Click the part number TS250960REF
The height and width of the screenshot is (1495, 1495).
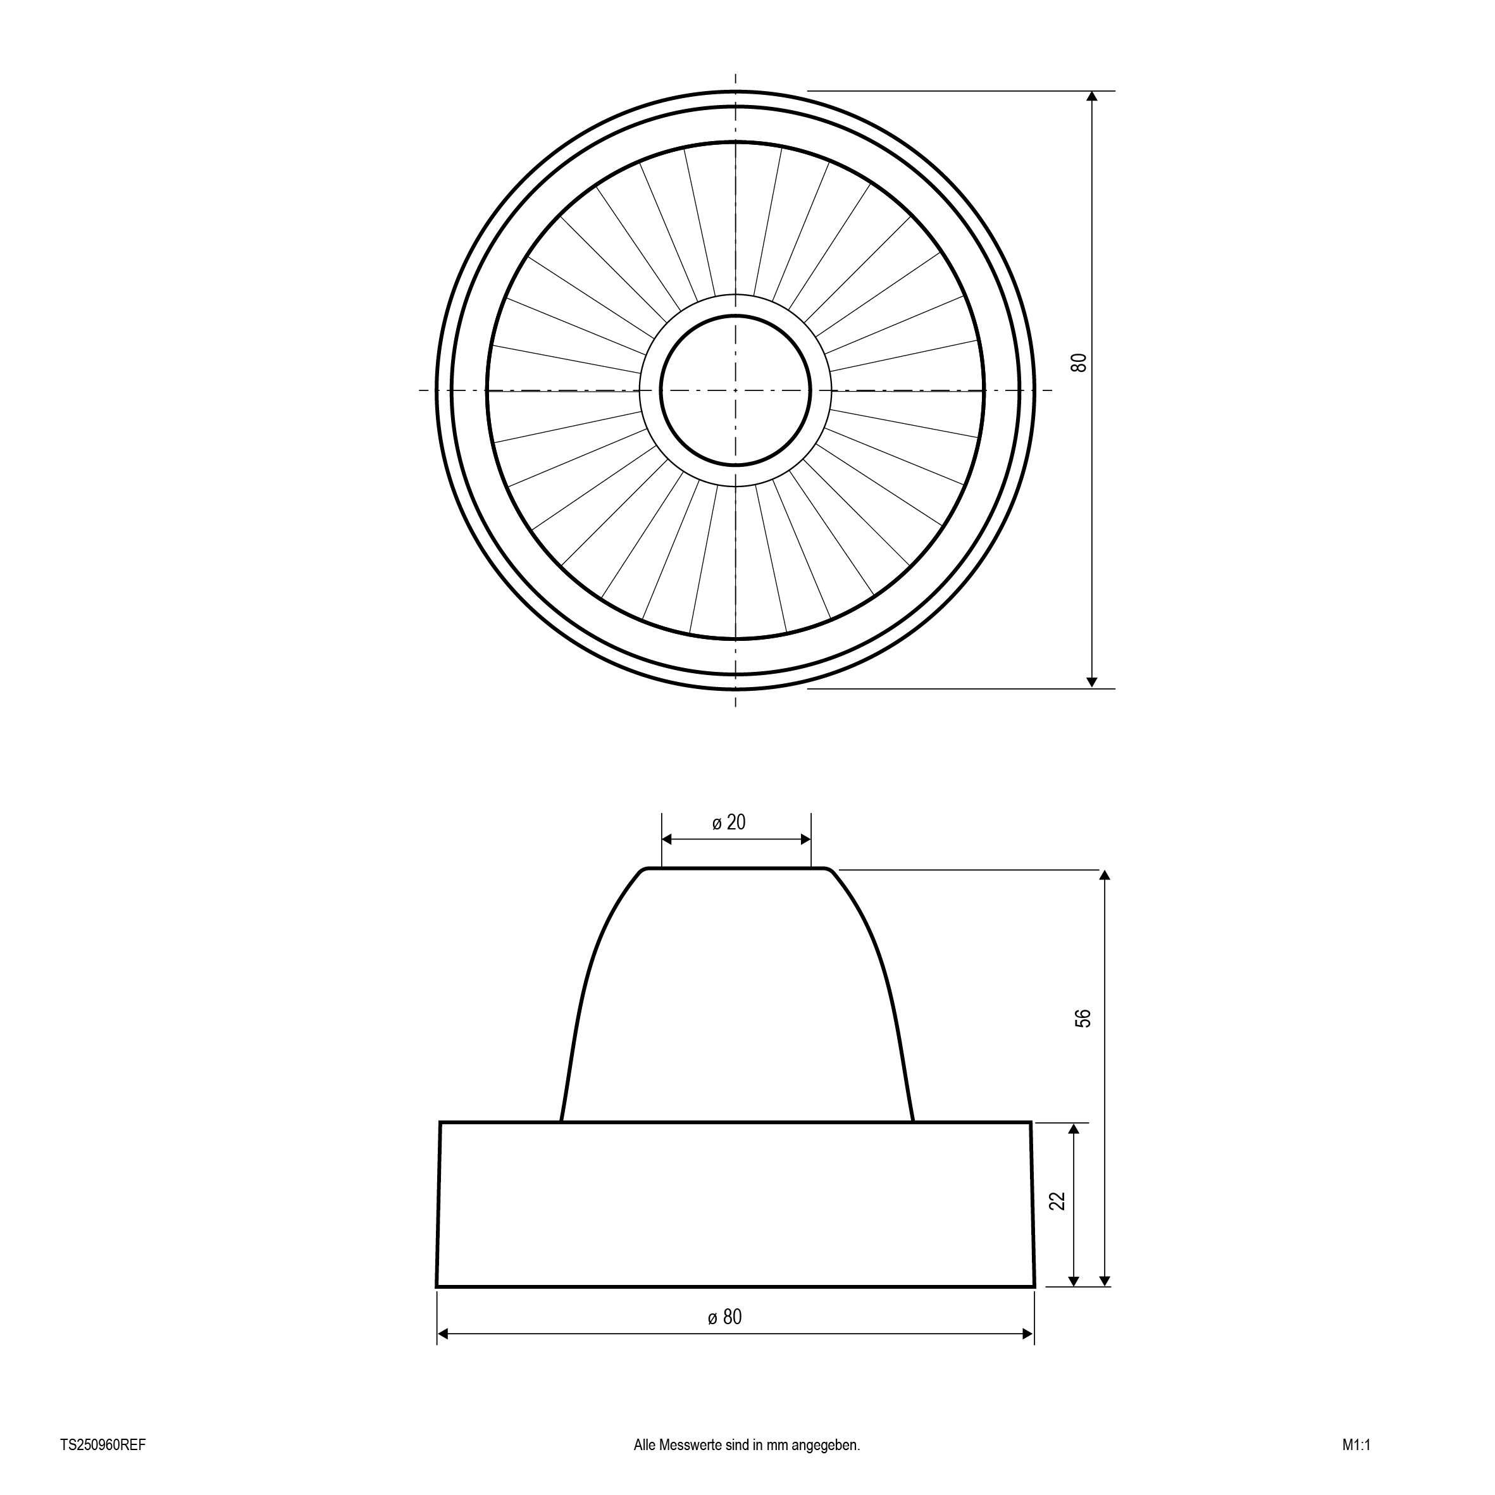tap(103, 1444)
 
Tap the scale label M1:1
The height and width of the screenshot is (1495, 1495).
tap(1356, 1444)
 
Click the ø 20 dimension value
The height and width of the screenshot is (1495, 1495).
tap(729, 822)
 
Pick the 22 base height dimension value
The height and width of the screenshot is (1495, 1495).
tap(1058, 1200)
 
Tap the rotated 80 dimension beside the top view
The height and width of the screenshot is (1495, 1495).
tap(1079, 362)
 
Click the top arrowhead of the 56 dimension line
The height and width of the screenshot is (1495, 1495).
tap(1105, 875)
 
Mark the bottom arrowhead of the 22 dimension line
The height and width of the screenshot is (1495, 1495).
tap(1073, 1281)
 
